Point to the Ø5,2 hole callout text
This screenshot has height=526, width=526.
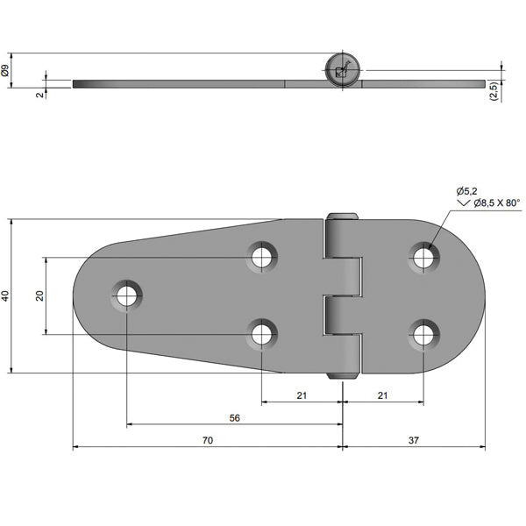click(465, 190)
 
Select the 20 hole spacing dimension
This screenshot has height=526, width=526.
click(39, 295)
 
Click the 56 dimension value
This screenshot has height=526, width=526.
click(234, 418)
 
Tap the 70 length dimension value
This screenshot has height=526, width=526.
click(208, 441)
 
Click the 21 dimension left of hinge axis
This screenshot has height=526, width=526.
click(302, 395)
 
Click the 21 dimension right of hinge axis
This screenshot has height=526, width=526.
click(382, 395)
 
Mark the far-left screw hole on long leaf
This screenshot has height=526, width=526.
click(127, 295)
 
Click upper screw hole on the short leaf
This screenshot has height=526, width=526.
click(424, 257)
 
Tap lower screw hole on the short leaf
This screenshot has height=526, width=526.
click(424, 334)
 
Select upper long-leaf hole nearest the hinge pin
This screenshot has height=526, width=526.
click(261, 257)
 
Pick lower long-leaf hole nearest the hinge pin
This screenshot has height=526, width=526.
click(261, 334)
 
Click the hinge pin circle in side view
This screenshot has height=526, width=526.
click(342, 69)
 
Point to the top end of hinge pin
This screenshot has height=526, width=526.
click(343, 217)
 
